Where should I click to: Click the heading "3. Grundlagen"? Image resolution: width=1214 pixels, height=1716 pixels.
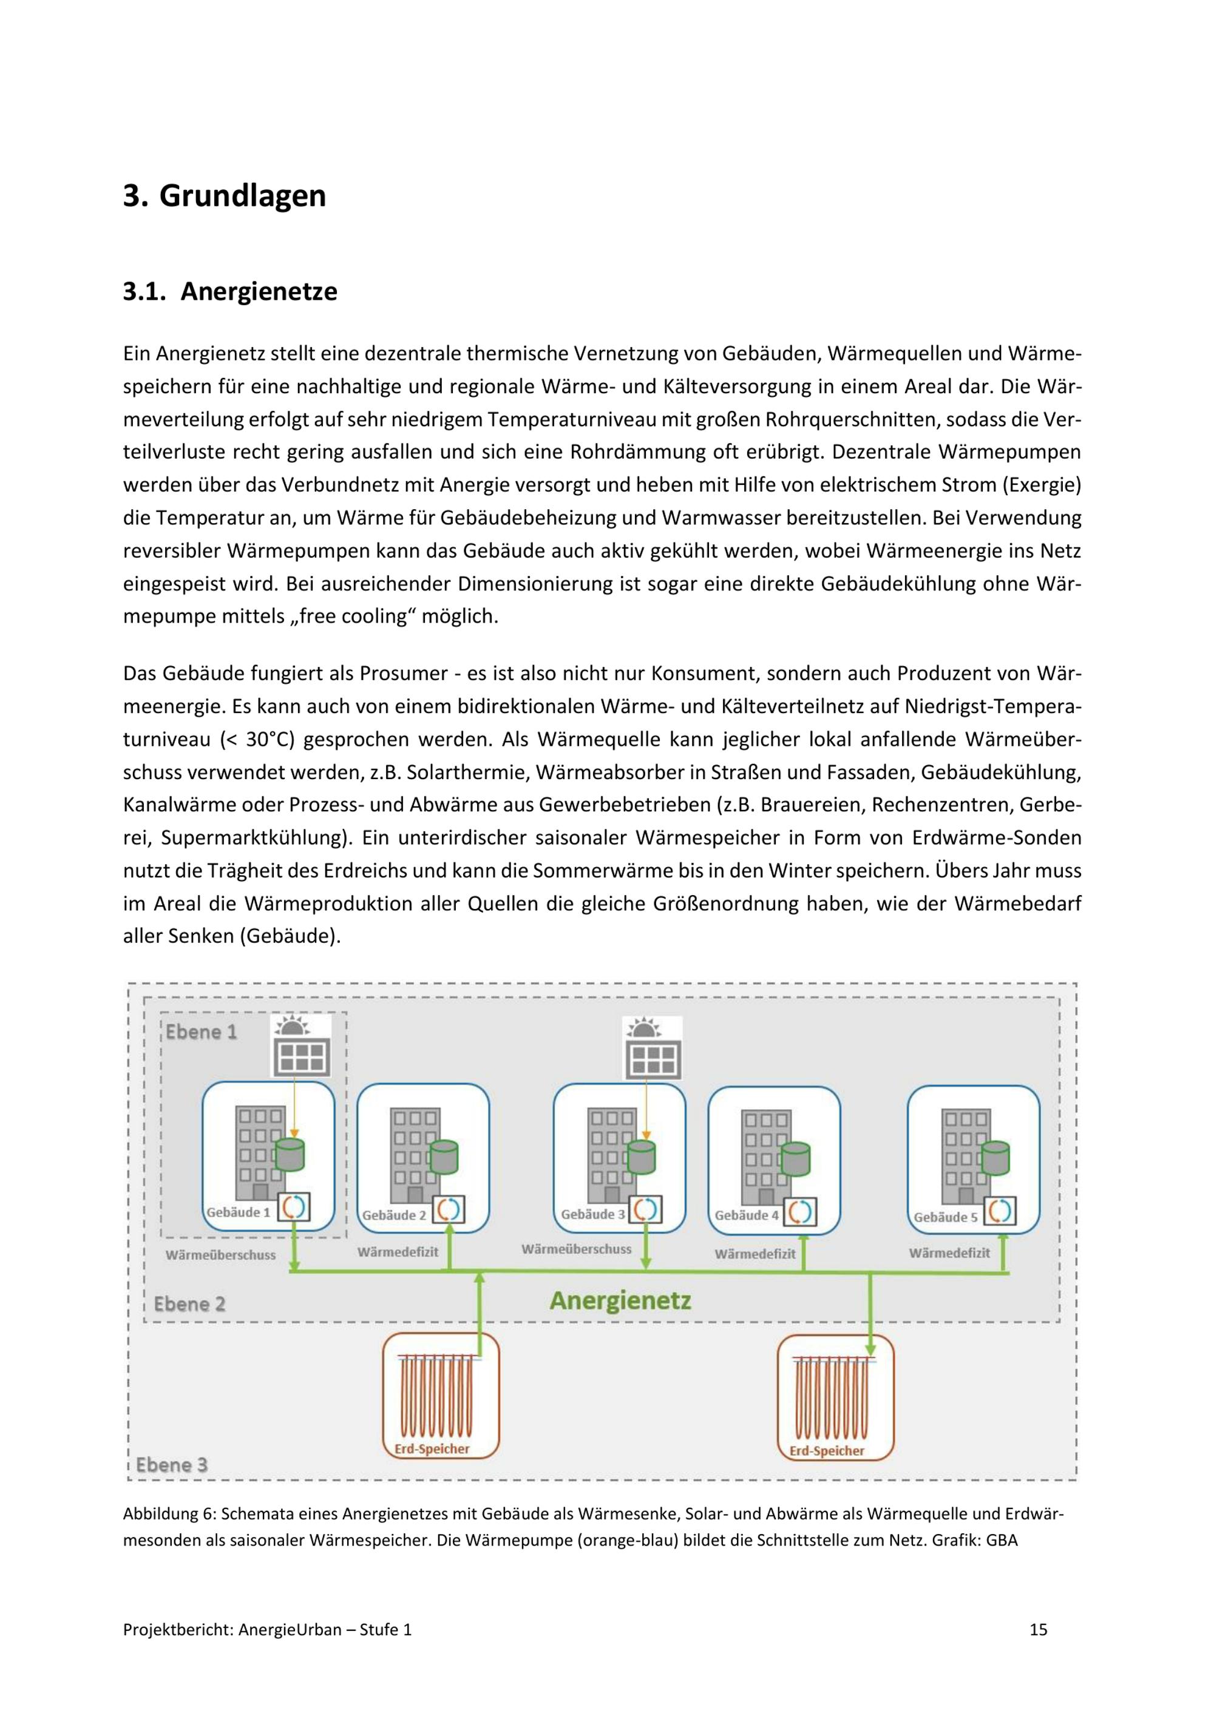[224, 196]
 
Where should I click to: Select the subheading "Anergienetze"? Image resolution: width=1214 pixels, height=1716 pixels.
[259, 291]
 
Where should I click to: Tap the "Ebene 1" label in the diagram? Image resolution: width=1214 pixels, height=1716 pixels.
[200, 1032]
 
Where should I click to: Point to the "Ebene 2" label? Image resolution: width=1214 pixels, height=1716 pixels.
[189, 1304]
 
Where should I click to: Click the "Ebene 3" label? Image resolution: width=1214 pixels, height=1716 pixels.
[171, 1464]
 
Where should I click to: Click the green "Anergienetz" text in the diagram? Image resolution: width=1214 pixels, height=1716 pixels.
[620, 1300]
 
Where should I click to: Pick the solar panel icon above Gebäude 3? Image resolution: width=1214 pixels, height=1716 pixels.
[653, 1049]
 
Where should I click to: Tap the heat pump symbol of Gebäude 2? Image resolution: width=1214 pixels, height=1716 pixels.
[449, 1209]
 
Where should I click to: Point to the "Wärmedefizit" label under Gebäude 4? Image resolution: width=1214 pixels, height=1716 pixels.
[755, 1254]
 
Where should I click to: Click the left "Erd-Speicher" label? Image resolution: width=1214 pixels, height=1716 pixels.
[432, 1448]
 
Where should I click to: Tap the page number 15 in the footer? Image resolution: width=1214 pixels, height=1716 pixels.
[1039, 1629]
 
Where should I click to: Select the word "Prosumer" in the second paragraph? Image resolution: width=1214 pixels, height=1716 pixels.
[403, 674]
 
